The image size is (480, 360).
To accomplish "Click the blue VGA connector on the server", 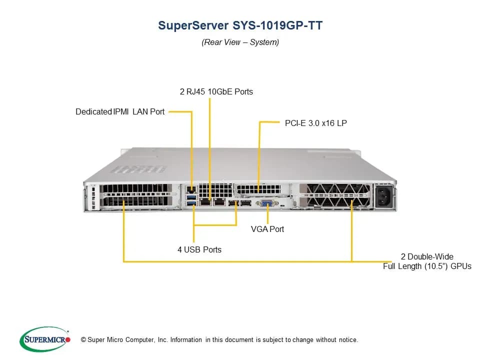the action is [x=267, y=203].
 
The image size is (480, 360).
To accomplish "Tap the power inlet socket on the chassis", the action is [x=383, y=196].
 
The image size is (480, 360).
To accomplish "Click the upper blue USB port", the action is [x=191, y=197].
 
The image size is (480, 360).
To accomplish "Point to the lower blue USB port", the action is [x=191, y=203].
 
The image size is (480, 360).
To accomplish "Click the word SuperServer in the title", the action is [x=193, y=25].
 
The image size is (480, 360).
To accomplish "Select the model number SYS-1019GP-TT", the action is [x=277, y=25].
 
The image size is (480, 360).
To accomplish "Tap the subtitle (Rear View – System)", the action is [x=240, y=42].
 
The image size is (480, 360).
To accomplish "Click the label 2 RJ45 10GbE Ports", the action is [x=216, y=91].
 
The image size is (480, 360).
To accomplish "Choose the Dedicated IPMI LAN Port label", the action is [x=120, y=111].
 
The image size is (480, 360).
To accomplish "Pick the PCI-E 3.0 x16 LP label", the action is [x=316, y=123].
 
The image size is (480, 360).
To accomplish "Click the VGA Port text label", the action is [x=267, y=229].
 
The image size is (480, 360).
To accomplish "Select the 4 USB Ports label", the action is [x=199, y=249].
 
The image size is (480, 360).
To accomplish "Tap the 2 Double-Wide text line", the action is [x=427, y=256].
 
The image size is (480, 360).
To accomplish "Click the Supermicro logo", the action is [x=45, y=339].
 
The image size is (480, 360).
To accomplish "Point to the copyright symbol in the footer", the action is [x=83, y=339].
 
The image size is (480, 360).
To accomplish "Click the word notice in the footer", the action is [x=348, y=340].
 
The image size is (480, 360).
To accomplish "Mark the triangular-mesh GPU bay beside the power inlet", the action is [x=334, y=195].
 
